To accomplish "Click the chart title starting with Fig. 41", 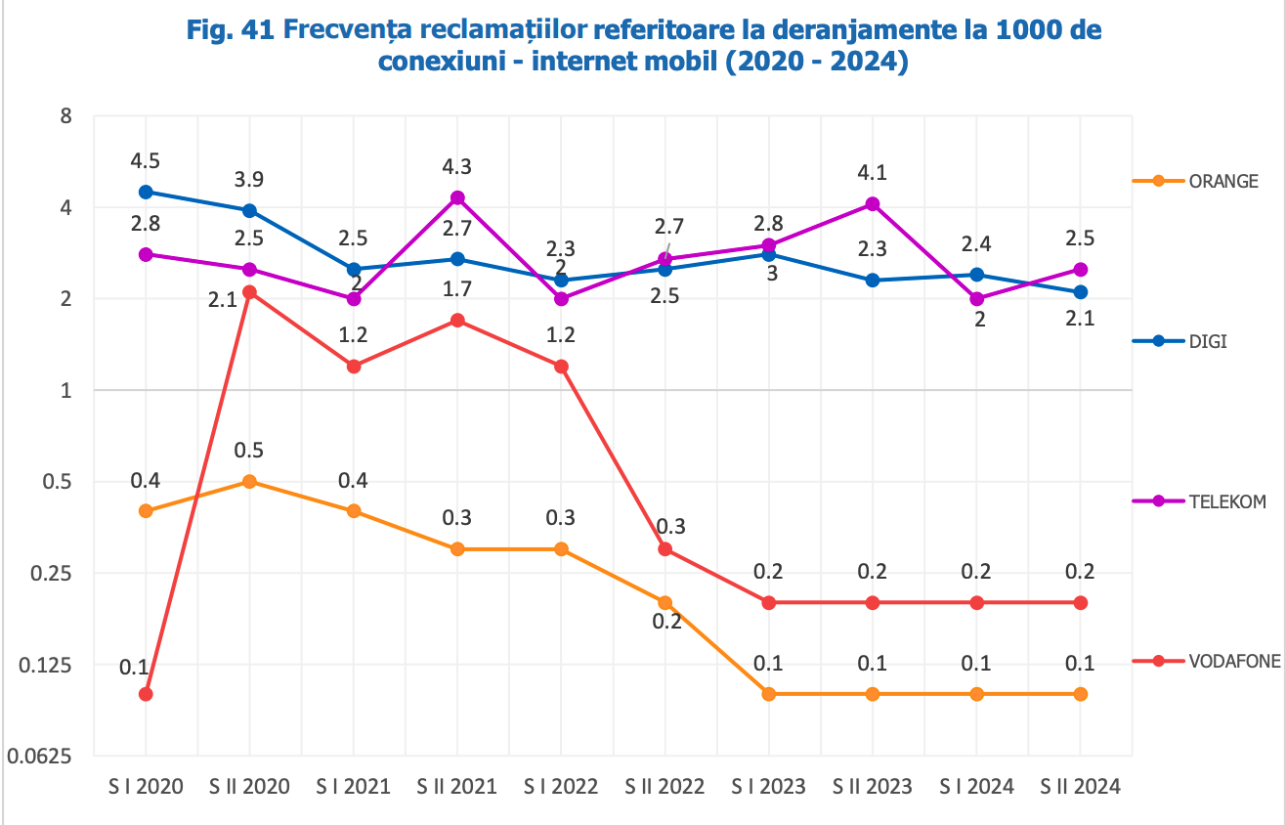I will (x=643, y=46).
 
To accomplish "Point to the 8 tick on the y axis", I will (x=66, y=116).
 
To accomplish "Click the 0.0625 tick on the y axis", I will (x=38, y=757).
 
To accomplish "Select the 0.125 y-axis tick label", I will (x=45, y=665).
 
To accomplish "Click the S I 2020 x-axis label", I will (x=146, y=787).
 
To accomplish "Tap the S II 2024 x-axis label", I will (x=1080, y=787).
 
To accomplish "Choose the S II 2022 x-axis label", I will (x=664, y=787).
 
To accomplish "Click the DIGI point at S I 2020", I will (x=146, y=192).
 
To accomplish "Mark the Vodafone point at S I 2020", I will (x=146, y=694).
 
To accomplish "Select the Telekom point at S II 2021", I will (x=457, y=197).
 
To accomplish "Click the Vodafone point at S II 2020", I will (x=249, y=292).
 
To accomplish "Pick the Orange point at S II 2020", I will (x=249, y=481).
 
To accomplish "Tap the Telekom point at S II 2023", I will (x=873, y=203).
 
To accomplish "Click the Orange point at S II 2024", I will (x=1080, y=694).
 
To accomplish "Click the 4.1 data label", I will (x=873, y=173).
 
